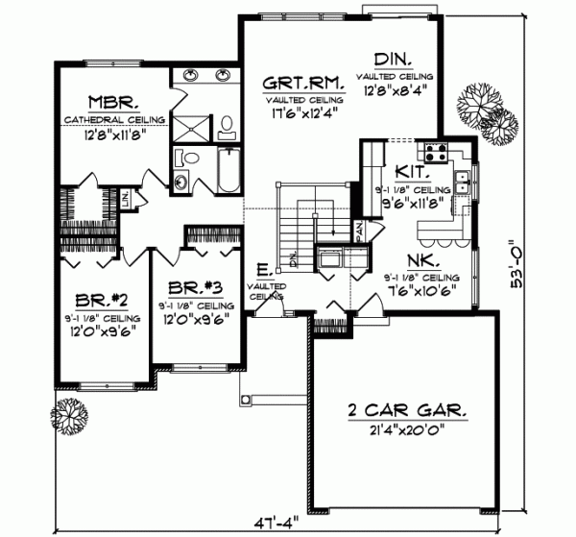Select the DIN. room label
coord(393,60)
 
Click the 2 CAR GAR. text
coord(407,411)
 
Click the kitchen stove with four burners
coord(434,151)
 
